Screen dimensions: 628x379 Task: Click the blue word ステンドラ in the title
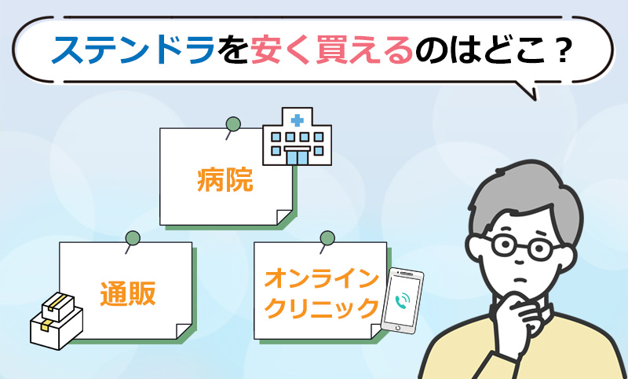point(132,51)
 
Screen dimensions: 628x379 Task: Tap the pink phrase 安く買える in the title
point(332,51)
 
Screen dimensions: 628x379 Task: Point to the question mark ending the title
point(559,51)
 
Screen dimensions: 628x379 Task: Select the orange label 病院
point(225,180)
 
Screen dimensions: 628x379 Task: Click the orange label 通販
point(128,294)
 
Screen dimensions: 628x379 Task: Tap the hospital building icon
point(298,136)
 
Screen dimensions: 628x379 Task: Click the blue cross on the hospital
point(297,120)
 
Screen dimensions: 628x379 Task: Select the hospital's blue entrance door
point(298,156)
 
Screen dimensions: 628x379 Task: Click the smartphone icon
point(402,301)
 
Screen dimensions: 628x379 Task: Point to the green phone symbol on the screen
point(402,300)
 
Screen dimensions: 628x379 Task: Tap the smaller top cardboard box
point(58,306)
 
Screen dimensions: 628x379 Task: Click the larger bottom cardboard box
point(57,329)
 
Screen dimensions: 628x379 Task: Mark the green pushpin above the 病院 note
point(232,126)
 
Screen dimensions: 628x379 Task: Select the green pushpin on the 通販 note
point(132,240)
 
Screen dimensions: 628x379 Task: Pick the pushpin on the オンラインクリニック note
point(327,240)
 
